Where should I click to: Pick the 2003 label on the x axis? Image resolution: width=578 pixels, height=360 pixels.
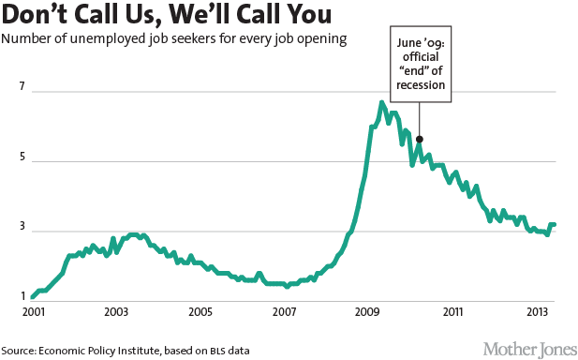pyautogui.click(x=116, y=311)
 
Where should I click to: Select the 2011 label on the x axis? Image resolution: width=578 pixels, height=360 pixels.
pyautogui.click(x=453, y=311)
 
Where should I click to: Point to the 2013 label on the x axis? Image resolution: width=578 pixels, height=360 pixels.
pyautogui.click(x=536, y=311)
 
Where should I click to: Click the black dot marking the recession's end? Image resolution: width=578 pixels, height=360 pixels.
pyautogui.click(x=419, y=139)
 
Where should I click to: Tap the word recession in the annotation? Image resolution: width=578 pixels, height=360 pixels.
pyautogui.click(x=420, y=86)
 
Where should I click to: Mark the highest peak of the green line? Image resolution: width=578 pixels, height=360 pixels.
pyautogui.click(x=381, y=101)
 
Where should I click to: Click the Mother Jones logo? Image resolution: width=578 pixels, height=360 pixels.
pyautogui.click(x=529, y=348)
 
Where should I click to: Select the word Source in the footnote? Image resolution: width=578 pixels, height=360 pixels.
pyautogui.click(x=20, y=350)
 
